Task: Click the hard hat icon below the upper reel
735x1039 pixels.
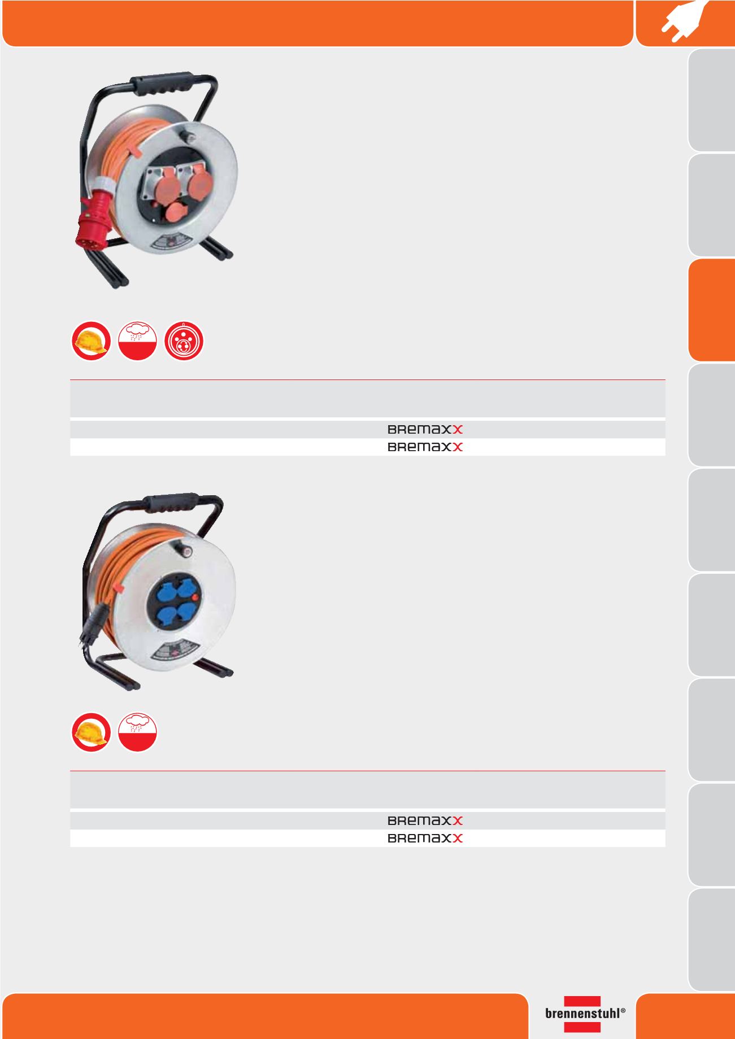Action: point(91,341)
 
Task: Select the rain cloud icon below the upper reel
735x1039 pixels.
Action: point(137,341)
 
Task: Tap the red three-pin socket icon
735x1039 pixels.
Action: point(184,341)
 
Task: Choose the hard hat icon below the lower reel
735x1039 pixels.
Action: point(91,732)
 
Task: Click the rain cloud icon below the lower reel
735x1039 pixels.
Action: point(137,732)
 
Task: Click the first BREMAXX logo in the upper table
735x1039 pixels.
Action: point(425,430)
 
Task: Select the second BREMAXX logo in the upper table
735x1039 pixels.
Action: point(425,447)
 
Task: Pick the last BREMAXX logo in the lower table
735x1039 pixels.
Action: point(425,839)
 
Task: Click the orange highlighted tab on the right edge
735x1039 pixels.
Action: point(712,310)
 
